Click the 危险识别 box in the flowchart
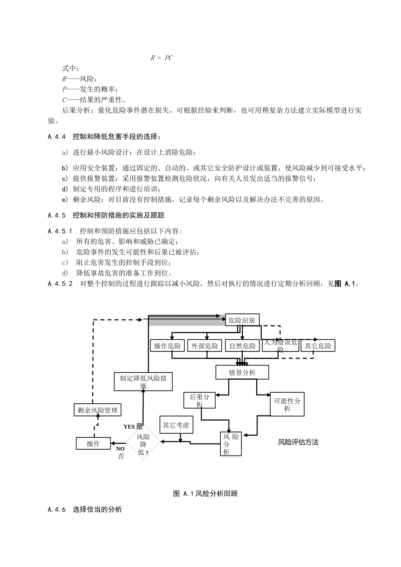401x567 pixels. tap(241, 320)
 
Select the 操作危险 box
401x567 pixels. tap(168, 346)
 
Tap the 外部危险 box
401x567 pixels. tap(205, 346)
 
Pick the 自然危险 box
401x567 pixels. tap(242, 346)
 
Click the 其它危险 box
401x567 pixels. tap(318, 346)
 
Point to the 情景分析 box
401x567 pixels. tap(242, 373)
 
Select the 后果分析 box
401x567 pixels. tap(199, 400)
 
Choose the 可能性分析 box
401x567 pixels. tap(287, 405)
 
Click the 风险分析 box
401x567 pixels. tap(231, 444)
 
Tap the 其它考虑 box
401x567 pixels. tap(176, 425)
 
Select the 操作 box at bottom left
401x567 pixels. tap(93, 443)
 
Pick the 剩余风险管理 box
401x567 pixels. tap(98, 410)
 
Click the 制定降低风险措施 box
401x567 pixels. tap(143, 381)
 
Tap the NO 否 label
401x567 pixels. tap(121, 452)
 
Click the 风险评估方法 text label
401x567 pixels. tap(298, 442)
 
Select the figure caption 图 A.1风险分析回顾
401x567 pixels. tap(206, 494)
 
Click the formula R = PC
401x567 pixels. tap(162, 58)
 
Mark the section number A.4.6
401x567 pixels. tap(57, 510)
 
